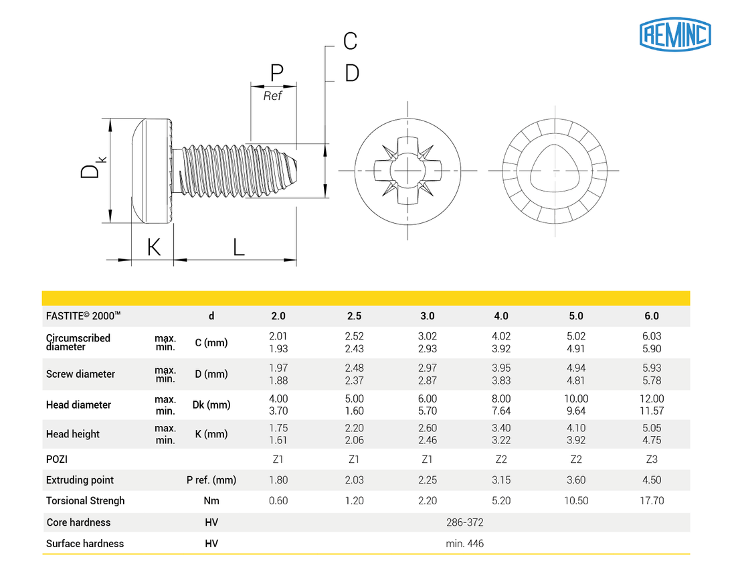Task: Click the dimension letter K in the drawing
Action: tap(154, 246)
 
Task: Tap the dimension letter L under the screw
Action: tap(239, 246)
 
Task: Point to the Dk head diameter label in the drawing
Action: tap(92, 168)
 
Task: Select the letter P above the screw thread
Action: tap(276, 72)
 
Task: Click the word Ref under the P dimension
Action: tap(272, 96)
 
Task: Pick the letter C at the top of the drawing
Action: tap(350, 42)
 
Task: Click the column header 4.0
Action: tap(501, 316)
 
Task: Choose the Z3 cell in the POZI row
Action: tap(652, 459)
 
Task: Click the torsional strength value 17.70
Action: tap(652, 500)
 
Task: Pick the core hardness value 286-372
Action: tap(464, 522)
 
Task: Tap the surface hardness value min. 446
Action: tap(464, 543)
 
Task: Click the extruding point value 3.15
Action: tap(501, 480)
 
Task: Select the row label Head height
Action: tap(73, 434)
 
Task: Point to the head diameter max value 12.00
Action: tap(652, 398)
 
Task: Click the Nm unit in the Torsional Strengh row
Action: tap(211, 500)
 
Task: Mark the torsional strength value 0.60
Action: tap(278, 500)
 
